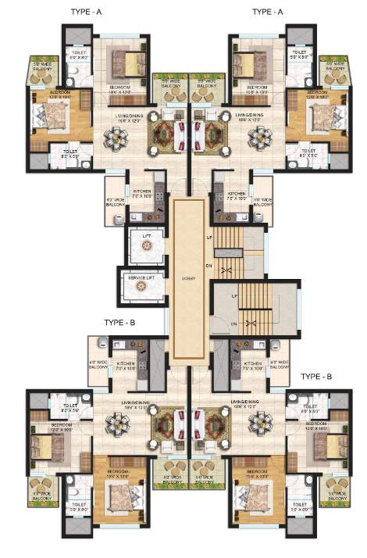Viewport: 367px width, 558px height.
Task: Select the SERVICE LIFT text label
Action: tap(141, 274)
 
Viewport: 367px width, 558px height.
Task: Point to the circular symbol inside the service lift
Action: tap(141, 286)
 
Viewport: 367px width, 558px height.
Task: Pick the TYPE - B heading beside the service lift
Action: tap(119, 322)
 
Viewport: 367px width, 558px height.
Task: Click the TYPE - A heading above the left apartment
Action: tap(84, 12)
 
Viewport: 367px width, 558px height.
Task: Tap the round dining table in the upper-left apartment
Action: tap(118, 138)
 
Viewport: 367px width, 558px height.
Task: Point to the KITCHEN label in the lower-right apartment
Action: tap(251, 364)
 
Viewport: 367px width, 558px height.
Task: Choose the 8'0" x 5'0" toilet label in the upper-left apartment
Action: tap(63, 156)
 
